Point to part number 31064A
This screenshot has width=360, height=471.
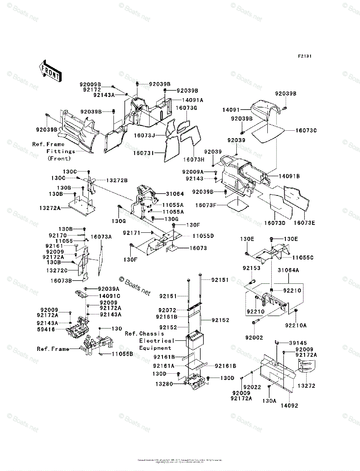click(289, 270)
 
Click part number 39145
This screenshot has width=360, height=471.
click(298, 343)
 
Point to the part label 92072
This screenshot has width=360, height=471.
click(168, 310)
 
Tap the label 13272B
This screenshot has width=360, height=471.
click(117, 181)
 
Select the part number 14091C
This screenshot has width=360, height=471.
click(110, 296)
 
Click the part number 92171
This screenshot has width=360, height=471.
click(132, 233)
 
